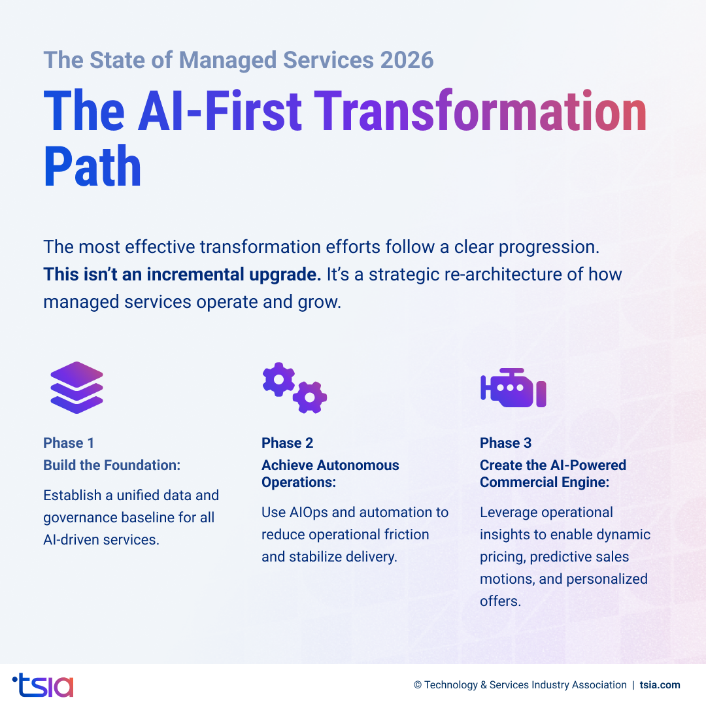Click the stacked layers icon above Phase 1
point(76,387)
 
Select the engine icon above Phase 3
point(513,388)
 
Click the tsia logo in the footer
point(43,684)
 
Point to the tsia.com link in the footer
point(660,685)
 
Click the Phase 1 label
point(69,443)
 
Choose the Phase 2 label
point(287,443)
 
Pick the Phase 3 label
point(505,443)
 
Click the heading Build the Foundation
point(112,465)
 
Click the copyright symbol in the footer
point(417,685)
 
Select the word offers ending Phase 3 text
point(500,601)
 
